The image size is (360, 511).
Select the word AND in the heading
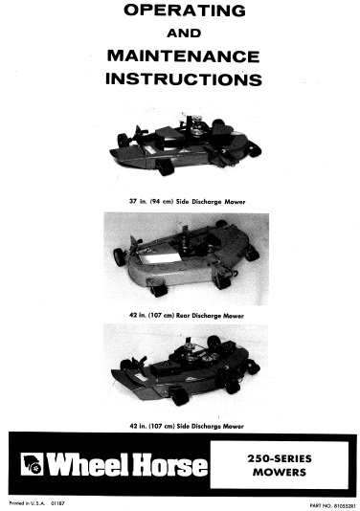181,33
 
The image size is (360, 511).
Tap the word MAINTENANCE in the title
181,55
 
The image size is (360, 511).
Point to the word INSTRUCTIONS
181,78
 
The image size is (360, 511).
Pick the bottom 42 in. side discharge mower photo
181,373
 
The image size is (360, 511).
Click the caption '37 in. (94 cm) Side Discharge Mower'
181,203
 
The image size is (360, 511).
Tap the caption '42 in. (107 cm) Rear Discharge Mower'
181,314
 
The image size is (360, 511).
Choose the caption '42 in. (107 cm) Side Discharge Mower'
181,424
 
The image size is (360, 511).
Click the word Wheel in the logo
92,466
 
